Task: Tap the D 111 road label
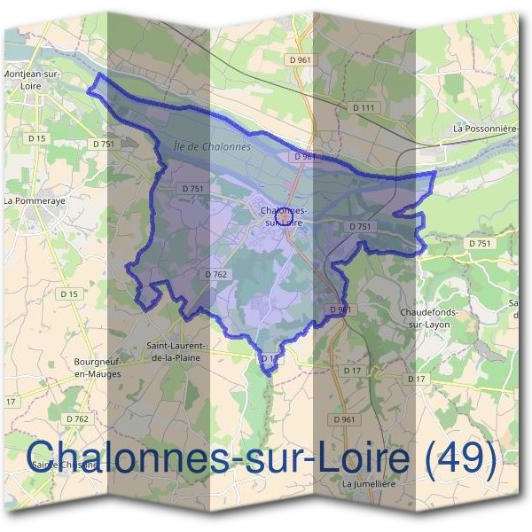point(364,107)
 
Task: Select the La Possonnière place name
point(485,129)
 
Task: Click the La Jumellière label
point(368,485)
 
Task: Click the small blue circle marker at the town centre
point(284,215)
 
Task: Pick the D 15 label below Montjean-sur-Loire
point(36,138)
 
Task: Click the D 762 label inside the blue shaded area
point(216,275)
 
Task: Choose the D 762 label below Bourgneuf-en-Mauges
point(77,418)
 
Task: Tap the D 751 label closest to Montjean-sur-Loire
point(104,144)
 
